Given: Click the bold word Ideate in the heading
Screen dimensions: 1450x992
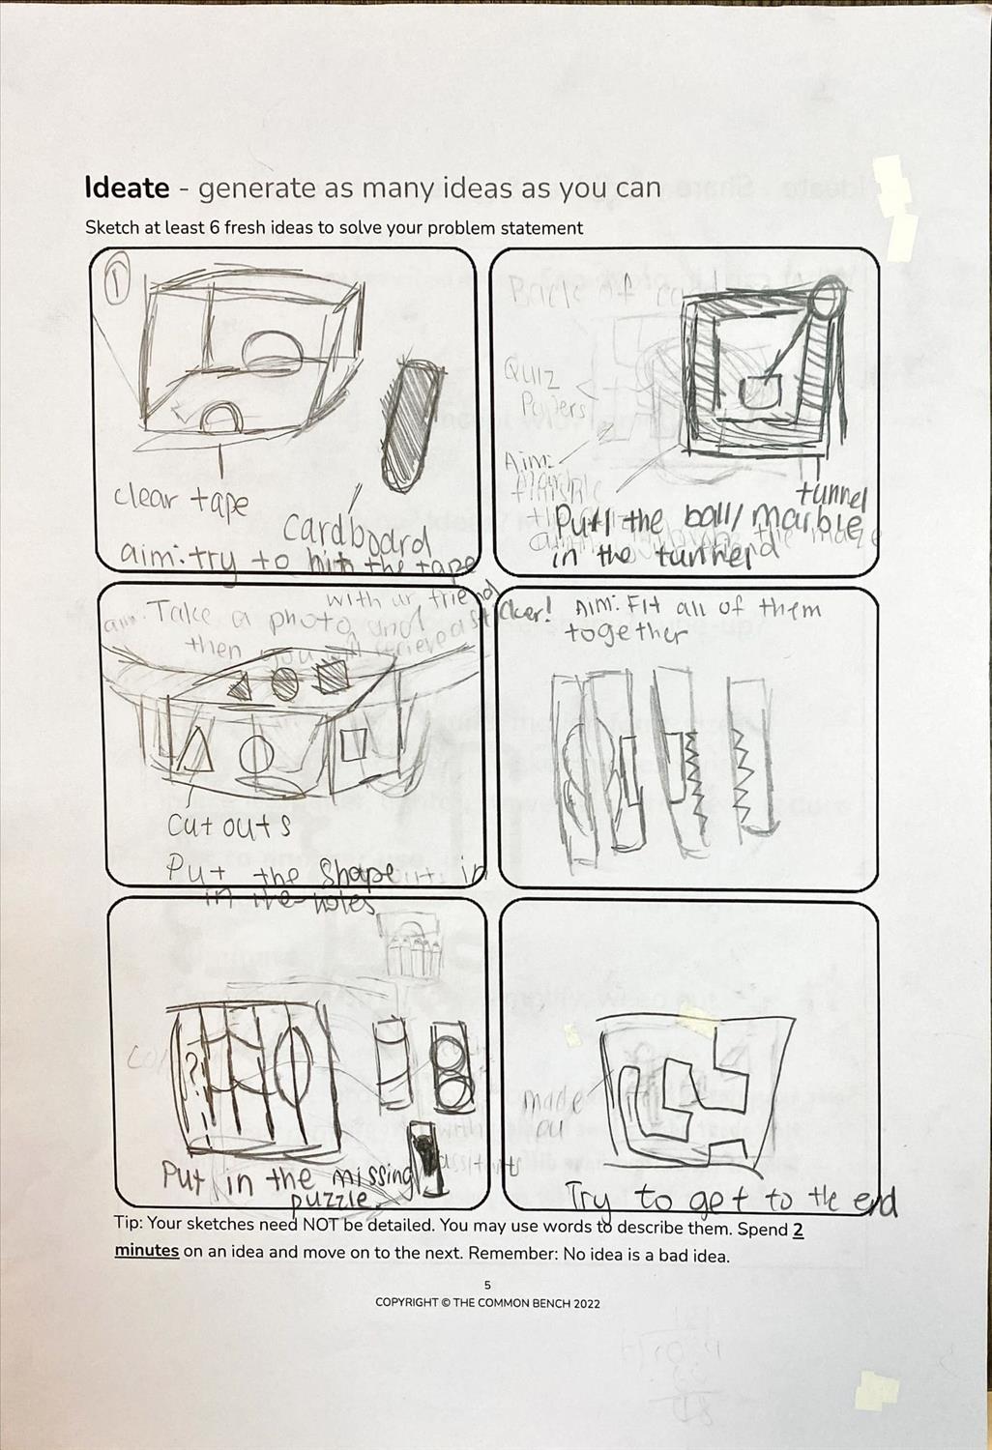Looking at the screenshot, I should click(127, 188).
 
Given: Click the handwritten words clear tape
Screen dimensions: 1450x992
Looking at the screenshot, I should click(181, 500).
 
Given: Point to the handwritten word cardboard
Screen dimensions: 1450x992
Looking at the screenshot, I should click(356, 529).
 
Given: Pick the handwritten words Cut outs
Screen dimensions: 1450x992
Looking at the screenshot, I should click(228, 827).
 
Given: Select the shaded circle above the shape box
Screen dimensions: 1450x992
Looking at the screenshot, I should click(284, 683).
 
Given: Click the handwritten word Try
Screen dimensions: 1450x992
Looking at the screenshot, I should click(588, 1200).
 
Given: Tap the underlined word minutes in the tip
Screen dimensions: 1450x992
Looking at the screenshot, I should click(147, 1251).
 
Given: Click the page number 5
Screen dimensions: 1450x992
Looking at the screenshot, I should click(488, 1285).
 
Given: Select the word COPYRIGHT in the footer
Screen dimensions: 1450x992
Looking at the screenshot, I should click(406, 1303).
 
